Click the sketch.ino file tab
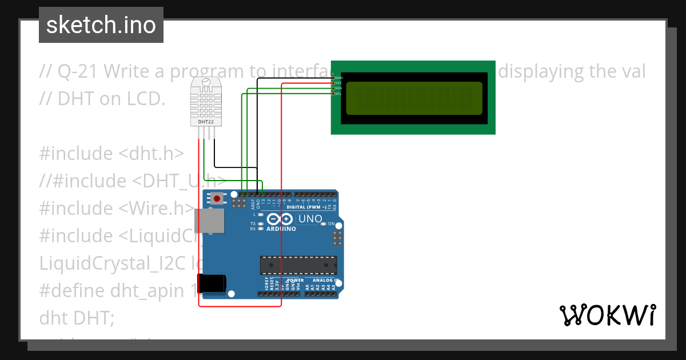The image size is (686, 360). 101,25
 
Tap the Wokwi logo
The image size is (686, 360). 607,315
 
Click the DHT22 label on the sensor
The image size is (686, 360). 206,122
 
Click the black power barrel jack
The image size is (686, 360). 215,284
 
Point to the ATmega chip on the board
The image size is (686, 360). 298,265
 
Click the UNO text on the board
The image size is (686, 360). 310,219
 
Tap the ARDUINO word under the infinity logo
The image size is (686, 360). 281,229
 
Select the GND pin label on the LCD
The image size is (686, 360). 338,77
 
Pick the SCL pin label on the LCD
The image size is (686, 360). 338,94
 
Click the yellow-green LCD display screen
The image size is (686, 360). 414,98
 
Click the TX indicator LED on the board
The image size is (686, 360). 260,223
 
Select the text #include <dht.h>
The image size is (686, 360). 111,153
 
